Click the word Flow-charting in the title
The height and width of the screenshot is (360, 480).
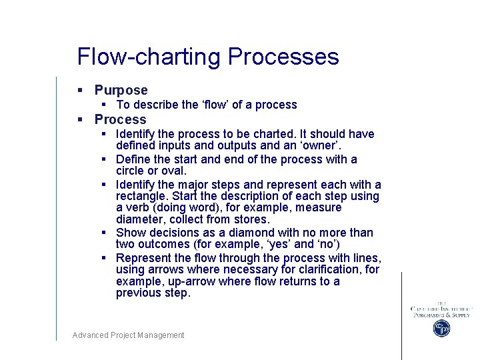click(x=149, y=57)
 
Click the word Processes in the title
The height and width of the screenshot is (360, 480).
click(x=283, y=57)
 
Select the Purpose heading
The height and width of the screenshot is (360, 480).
click(x=121, y=90)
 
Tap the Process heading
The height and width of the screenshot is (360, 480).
click(x=120, y=119)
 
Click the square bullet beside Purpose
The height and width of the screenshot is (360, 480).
click(x=79, y=90)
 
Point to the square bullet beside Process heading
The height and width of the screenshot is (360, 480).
click(x=79, y=119)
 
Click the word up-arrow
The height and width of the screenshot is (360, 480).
click(x=188, y=281)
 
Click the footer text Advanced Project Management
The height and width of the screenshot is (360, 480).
click(x=128, y=335)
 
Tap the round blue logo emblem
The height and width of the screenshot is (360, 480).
click(x=441, y=328)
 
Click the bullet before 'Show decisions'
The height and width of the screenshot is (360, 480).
click(x=105, y=233)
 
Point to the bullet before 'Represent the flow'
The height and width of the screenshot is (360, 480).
click(x=105, y=258)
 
